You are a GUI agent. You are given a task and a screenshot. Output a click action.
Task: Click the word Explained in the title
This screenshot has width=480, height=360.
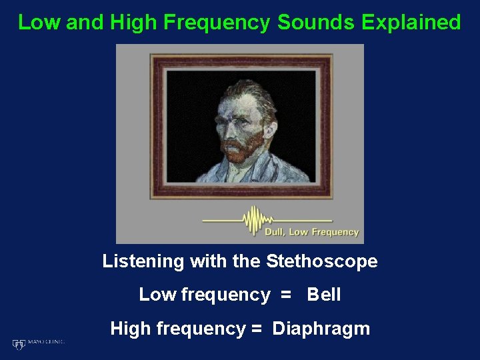click(x=411, y=22)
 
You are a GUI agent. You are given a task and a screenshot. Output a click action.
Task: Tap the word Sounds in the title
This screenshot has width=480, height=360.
click(x=316, y=22)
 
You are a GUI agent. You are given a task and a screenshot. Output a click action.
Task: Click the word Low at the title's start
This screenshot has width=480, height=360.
click(x=39, y=22)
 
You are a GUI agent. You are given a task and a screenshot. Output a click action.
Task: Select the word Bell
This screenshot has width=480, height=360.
click(x=324, y=295)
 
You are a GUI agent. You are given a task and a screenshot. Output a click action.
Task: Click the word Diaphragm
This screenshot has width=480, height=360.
click(x=321, y=329)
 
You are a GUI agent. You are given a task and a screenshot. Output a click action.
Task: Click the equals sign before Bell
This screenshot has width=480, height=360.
click(x=286, y=295)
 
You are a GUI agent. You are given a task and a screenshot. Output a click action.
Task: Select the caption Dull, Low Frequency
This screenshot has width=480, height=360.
click(x=311, y=233)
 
